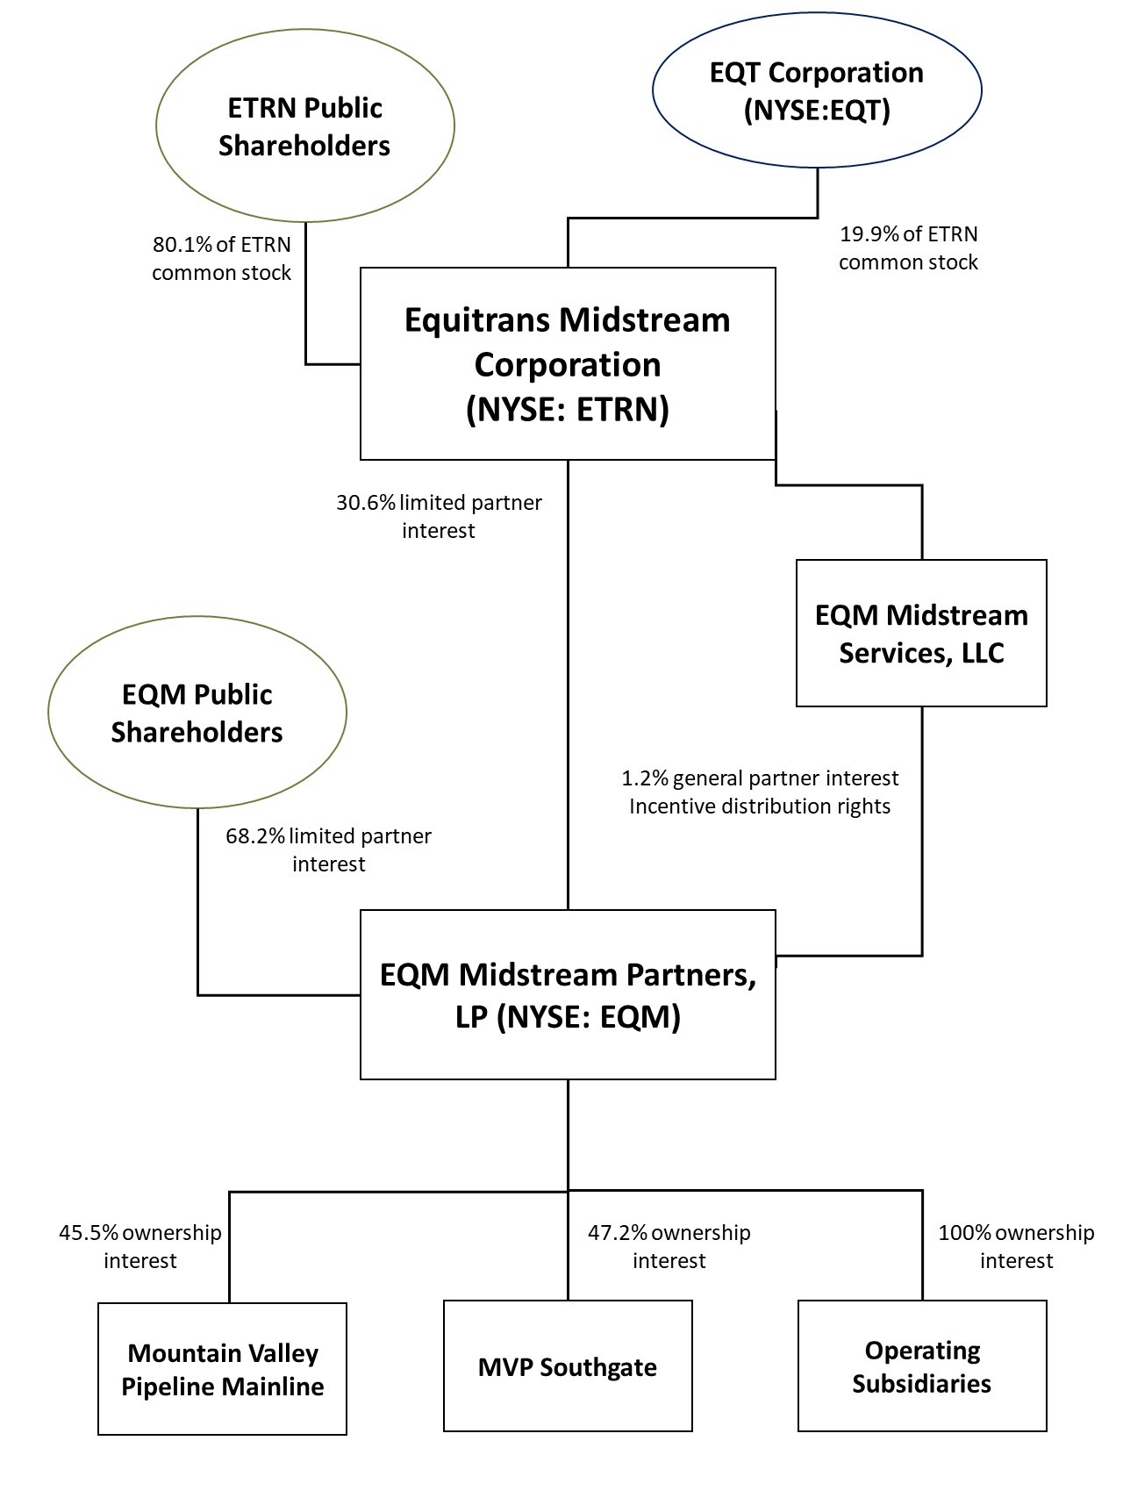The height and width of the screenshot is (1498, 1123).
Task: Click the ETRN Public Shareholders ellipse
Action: click(x=304, y=125)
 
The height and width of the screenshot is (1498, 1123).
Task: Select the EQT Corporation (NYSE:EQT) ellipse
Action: click(x=816, y=90)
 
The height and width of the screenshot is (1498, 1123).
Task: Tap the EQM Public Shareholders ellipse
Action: click(x=197, y=713)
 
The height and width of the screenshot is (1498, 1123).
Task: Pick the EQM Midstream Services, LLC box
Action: click(x=921, y=633)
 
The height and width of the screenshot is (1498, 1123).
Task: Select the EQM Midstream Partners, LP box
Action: click(x=568, y=994)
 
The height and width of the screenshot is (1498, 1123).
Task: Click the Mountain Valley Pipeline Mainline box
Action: click(x=222, y=1369)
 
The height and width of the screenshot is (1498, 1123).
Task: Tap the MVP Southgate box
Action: click(x=568, y=1366)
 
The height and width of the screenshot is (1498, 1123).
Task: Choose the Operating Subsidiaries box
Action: click(x=922, y=1366)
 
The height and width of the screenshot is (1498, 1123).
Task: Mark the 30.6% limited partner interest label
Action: click(x=439, y=516)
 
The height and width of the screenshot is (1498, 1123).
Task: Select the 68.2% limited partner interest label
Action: click(x=328, y=849)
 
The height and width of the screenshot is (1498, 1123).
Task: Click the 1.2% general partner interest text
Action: click(x=760, y=778)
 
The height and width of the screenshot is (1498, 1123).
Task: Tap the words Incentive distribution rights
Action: click(x=760, y=806)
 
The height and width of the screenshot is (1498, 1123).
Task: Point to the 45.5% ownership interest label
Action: click(x=140, y=1246)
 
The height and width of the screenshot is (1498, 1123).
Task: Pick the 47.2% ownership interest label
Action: click(x=669, y=1246)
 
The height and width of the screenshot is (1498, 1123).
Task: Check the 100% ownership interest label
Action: click(x=1016, y=1246)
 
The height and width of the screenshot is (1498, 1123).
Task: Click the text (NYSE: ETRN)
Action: click(x=568, y=410)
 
